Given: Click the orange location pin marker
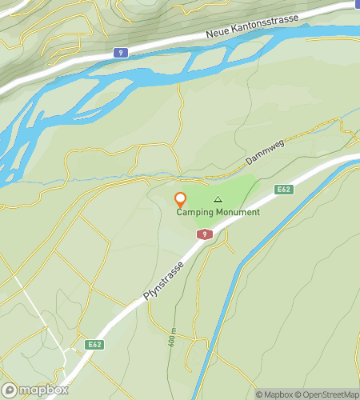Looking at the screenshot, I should tap(181, 200).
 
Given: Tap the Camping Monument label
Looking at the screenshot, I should tap(218, 212).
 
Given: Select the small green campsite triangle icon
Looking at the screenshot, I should tap(218, 199).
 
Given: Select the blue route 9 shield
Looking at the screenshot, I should tap(120, 53).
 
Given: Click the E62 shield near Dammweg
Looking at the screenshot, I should tap(282, 189).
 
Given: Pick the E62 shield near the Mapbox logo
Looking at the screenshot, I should tap(95, 345).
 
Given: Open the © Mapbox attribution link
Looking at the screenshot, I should tap(274, 394).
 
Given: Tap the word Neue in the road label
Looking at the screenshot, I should tap(217, 34).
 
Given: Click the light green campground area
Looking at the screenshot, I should tap(236, 192).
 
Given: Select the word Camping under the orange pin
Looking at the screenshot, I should tap(194, 212).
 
